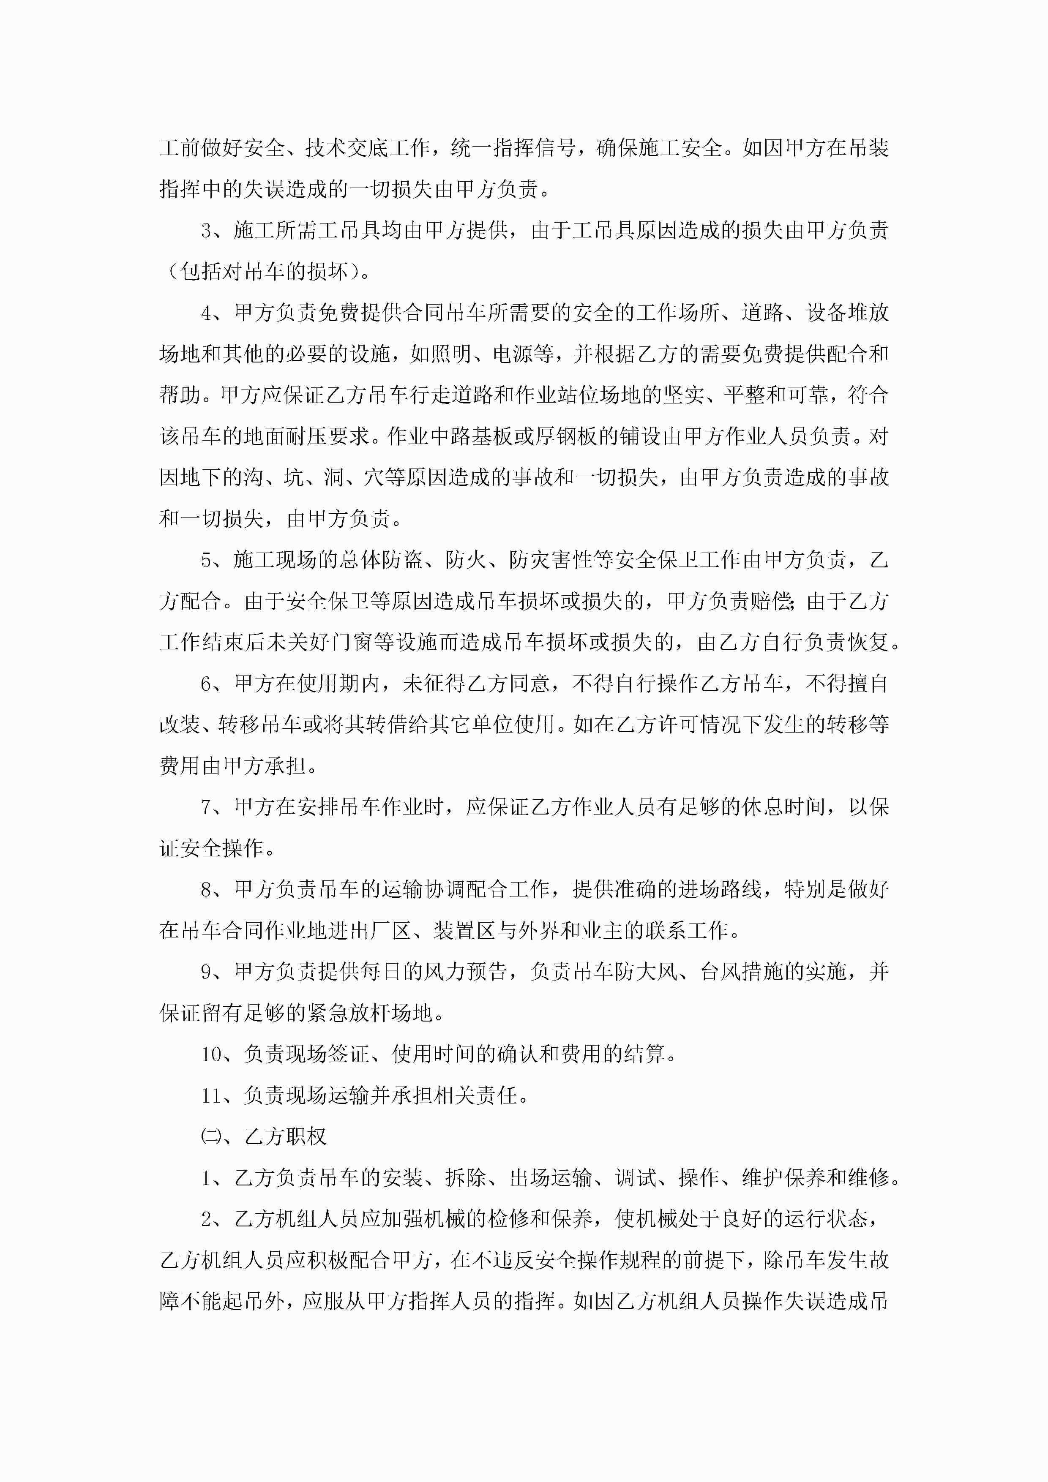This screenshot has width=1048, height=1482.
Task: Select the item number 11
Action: coord(211,1095)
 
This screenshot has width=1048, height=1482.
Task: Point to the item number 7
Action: coord(207,807)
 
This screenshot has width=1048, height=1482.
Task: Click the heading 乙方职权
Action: coord(285,1137)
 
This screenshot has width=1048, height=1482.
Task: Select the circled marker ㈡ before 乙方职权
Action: coord(210,1137)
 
